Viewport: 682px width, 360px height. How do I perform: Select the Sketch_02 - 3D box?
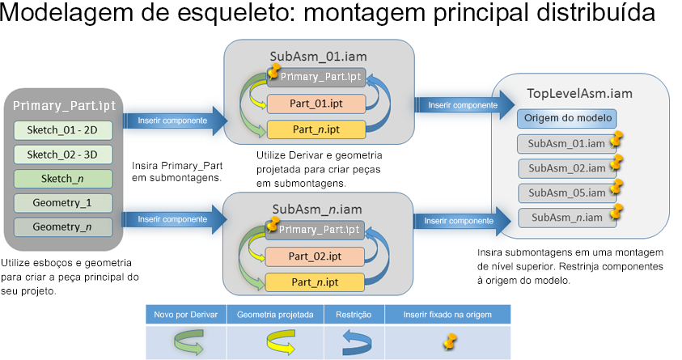click(62, 155)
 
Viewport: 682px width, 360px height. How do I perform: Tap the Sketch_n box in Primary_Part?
click(62, 179)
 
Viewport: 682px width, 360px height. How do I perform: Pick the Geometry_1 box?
click(62, 203)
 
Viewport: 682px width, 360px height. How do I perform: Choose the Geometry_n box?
click(62, 227)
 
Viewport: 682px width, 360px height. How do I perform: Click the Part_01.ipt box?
click(316, 104)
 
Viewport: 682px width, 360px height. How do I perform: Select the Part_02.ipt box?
click(316, 257)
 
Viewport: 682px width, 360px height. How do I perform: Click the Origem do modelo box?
click(567, 119)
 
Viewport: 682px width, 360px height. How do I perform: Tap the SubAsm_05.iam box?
click(566, 193)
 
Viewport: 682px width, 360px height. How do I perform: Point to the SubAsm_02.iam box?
click(566, 168)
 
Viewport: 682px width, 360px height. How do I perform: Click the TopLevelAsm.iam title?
click(579, 93)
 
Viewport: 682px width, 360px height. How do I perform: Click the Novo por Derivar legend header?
click(185, 314)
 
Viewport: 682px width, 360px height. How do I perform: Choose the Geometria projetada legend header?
click(275, 314)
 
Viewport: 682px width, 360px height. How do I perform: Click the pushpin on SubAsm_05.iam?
click(617, 187)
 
